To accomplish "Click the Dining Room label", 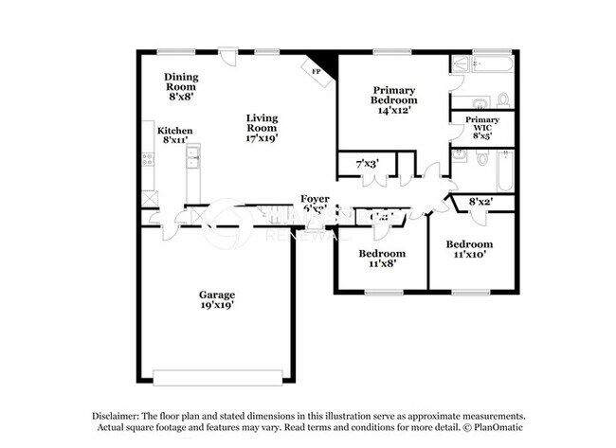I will pos(180,86).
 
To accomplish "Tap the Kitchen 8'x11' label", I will pos(174,135).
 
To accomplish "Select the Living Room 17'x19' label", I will pos(262,127).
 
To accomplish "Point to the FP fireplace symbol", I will pos(312,68).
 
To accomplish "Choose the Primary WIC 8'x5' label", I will pos(482,128).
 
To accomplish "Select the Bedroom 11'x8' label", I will pos(382,259).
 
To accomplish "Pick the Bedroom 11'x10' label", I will pos(470,250).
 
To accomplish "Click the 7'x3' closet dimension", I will pos(367,164).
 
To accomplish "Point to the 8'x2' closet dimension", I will pos(482,201).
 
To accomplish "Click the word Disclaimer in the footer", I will pos(116,416).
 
